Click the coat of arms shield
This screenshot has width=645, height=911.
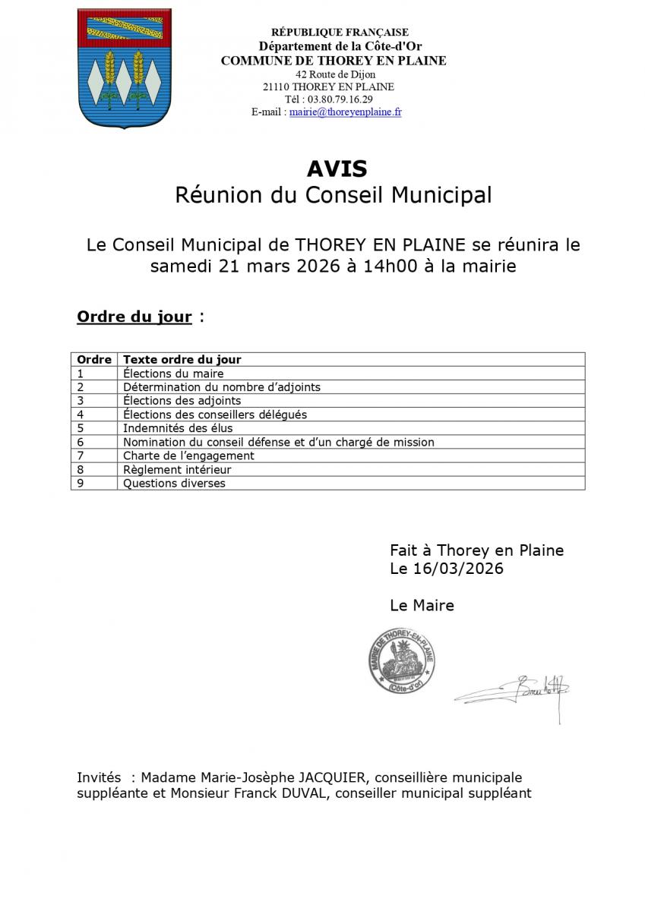click(124, 68)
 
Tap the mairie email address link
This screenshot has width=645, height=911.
click(345, 112)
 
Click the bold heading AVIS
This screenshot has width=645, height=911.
click(337, 168)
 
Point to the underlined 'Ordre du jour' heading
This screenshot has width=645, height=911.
click(134, 317)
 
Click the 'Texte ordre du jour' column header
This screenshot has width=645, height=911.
click(182, 359)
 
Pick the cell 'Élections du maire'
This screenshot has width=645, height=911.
click(173, 373)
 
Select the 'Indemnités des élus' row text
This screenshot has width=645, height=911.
click(178, 428)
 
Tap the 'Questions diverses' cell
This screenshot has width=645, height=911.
click(174, 483)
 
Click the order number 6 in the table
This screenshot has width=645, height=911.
click(81, 442)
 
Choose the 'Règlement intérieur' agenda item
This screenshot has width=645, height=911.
click(177, 469)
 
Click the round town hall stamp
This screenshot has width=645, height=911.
click(402, 661)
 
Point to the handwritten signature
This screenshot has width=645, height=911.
click(517, 691)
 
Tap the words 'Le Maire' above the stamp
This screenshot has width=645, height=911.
click(422, 605)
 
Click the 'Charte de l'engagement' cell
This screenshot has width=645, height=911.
click(188, 455)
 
